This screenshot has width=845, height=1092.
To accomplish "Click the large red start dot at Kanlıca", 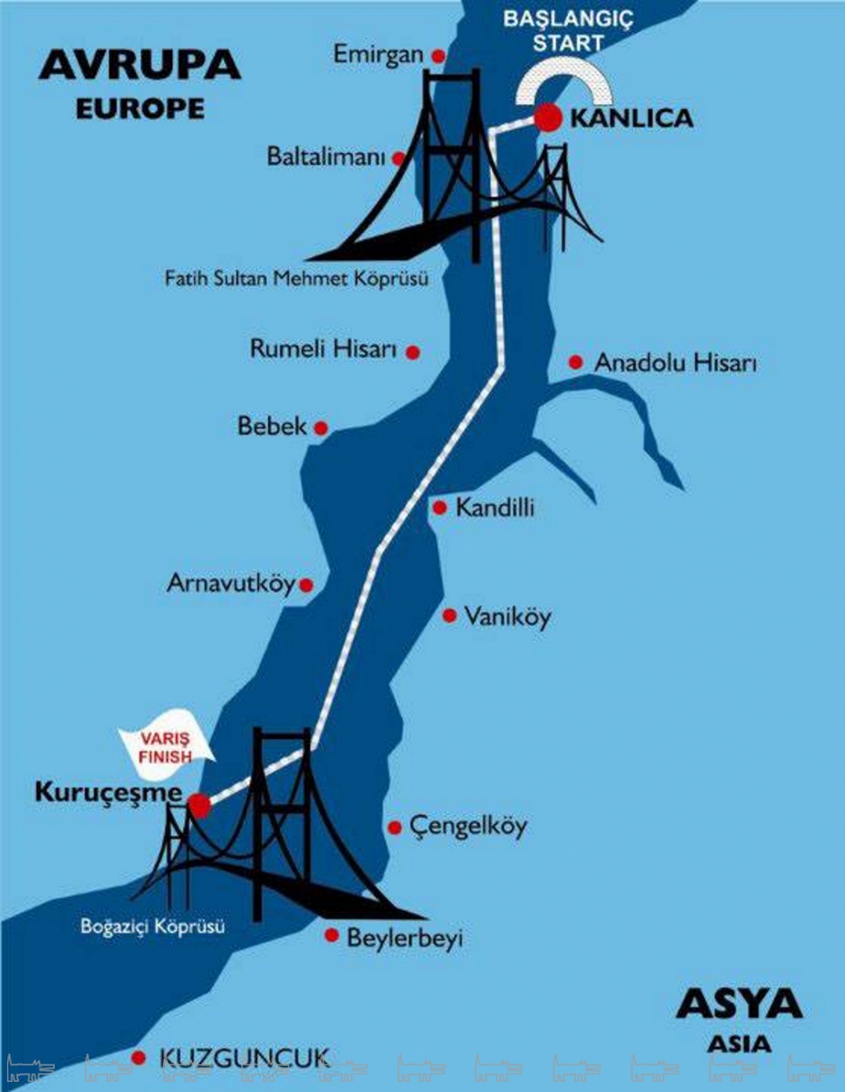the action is coord(548,117).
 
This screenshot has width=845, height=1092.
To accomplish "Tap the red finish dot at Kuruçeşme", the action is coord(199,805).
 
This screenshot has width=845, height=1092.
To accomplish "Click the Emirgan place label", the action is coord(378,55).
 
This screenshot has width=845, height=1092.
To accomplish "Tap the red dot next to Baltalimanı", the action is coord(399,159).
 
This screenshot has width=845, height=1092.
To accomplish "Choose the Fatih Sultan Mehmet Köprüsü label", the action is coord(297,279).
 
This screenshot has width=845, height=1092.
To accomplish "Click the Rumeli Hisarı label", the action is coord(323,349).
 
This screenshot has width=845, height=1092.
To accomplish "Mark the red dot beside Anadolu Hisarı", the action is coord(576,362).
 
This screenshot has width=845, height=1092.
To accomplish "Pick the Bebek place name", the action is coord(272,427).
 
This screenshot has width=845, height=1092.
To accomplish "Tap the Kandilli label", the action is coord(494,508).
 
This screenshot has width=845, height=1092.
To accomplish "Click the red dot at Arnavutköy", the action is coord(306,585).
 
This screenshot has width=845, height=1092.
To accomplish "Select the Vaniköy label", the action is coord(507,617).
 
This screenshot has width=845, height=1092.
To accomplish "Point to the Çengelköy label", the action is coord(468,827).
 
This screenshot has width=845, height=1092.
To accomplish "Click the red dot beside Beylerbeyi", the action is coord(332,935).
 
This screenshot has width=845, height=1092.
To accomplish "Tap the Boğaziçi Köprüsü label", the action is coord(153,927).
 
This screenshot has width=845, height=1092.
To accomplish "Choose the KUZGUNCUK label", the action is coord(244,1059).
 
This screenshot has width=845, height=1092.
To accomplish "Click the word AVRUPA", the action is coord(140,65).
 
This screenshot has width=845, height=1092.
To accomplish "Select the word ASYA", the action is coord(739,1004).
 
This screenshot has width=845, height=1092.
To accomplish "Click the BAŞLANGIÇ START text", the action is coord(568,31).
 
